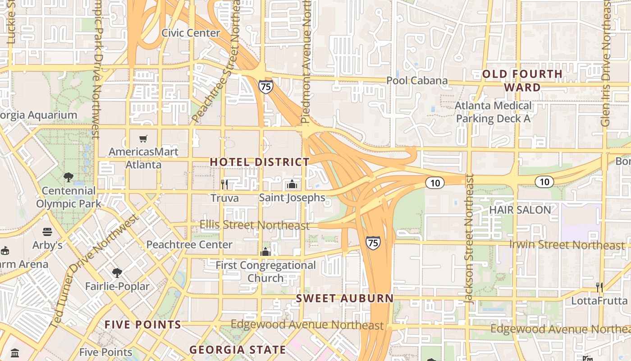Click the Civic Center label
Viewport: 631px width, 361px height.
pos(191,33)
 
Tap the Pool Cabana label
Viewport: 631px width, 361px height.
pos(417,81)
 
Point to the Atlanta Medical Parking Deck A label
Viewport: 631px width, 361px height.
pos(493,112)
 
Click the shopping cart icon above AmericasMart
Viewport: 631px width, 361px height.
pos(143,139)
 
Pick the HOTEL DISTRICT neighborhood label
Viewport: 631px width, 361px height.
pos(260,162)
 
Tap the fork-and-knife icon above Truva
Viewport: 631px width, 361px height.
pos(224,184)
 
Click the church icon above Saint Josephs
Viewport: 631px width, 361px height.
pos(292,184)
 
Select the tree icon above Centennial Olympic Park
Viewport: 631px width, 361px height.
pos(69,177)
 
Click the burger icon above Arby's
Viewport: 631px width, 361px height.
pos(47,232)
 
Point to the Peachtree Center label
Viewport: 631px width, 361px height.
pos(189,245)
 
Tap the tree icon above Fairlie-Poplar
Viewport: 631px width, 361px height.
pos(117,273)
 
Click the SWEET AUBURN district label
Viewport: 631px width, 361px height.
pos(345,298)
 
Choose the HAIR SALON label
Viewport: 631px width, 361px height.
pos(520,210)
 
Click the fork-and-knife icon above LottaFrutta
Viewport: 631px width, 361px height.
pos(599,287)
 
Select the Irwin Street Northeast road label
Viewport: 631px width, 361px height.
pos(567,245)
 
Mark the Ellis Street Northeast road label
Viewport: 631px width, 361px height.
pos(255,225)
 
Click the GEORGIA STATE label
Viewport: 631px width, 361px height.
pos(238,350)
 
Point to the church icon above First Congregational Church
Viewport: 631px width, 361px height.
pos(265,252)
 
